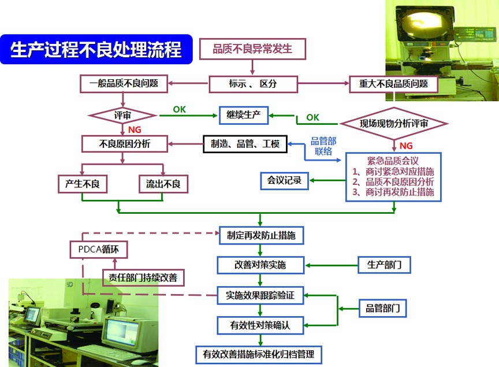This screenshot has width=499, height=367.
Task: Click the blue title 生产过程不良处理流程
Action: (95, 50)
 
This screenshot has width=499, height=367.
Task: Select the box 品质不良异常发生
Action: (252, 49)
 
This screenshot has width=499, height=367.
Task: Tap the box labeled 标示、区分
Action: (252, 84)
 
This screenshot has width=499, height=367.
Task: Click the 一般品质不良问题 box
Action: (124, 84)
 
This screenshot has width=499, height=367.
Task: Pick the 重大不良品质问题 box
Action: (393, 84)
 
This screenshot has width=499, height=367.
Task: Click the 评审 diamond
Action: (122, 115)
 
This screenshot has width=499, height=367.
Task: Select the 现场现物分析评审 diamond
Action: (394, 123)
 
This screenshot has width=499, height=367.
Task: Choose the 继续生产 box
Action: (244, 115)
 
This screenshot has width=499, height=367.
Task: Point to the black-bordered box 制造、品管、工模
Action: (244, 144)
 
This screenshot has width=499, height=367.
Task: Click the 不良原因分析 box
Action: (124, 144)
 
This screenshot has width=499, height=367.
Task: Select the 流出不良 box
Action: (163, 184)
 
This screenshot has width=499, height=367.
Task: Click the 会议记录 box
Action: (284, 180)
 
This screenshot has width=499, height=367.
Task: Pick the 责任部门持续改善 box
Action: (143, 277)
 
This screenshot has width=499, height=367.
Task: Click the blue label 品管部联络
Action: (324, 147)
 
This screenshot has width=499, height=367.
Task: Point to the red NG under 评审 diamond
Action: (134, 129)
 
